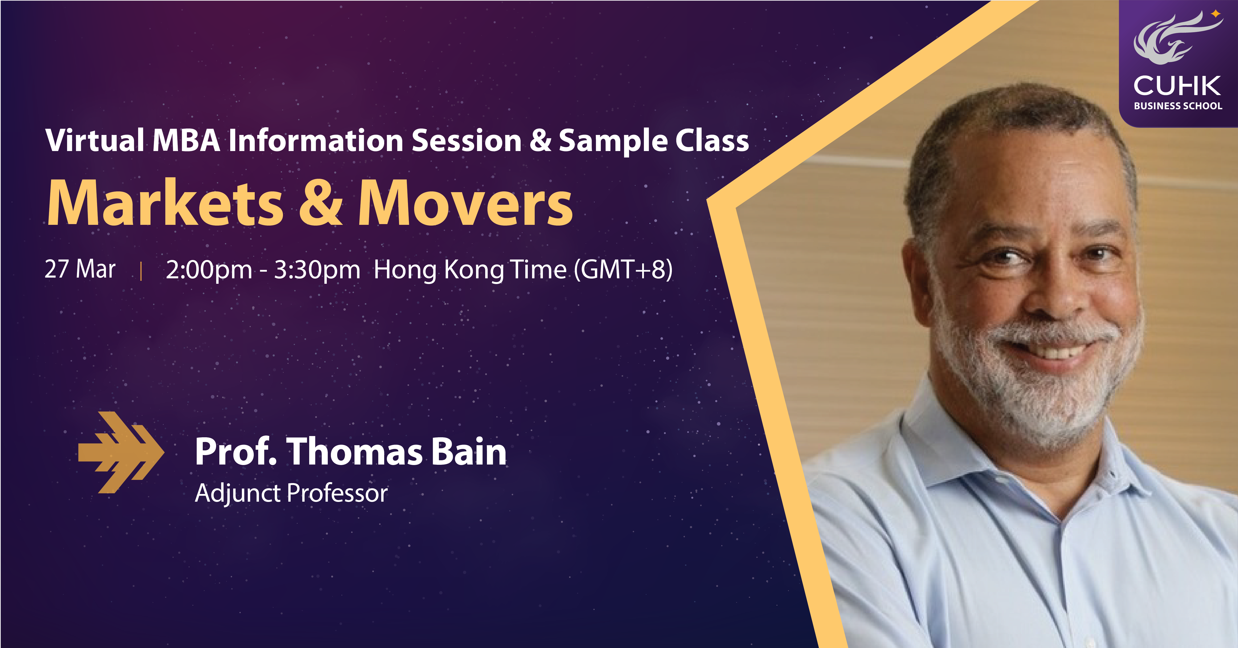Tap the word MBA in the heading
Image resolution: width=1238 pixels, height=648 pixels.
[186, 141]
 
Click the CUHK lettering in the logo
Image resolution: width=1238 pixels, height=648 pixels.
[1177, 86]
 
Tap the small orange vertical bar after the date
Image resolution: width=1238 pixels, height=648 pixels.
[141, 271]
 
